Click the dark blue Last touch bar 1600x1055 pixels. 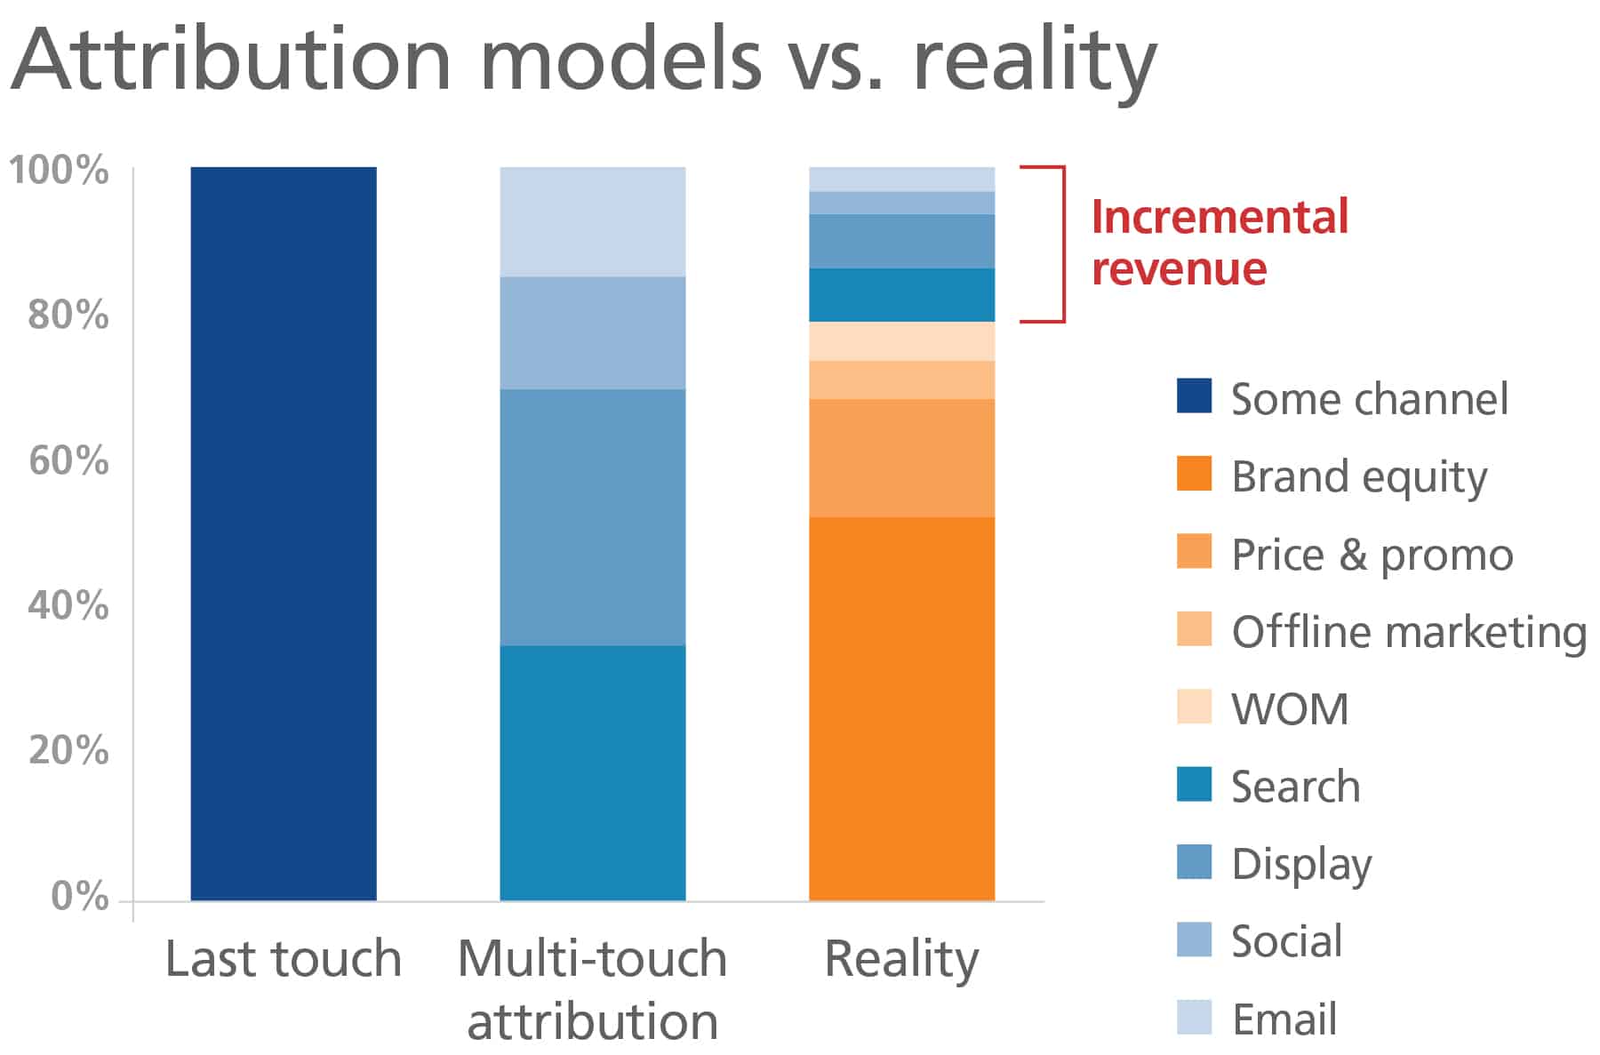284,533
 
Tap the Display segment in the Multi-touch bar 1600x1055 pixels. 592,516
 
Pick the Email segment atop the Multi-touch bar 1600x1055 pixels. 592,221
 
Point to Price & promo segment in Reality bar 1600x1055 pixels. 901,458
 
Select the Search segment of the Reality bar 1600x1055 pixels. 901,294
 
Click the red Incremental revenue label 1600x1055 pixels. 1219,243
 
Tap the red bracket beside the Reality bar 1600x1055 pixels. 1062,244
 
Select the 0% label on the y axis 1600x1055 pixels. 79,896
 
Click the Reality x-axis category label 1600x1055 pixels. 901,959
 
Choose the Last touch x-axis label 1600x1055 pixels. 284,959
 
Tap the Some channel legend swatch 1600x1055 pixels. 1194,396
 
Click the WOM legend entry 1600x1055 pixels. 1289,709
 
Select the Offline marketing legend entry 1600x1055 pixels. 1408,632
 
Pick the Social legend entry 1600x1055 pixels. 1285,941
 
